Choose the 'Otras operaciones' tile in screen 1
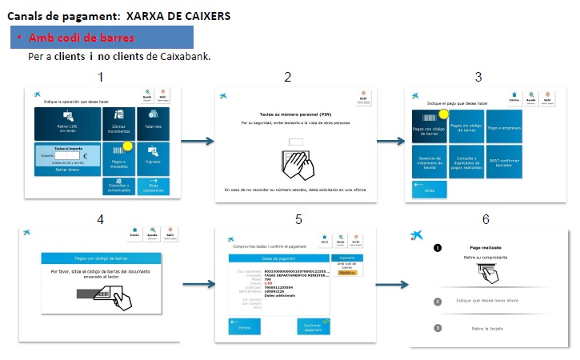pos(153,186)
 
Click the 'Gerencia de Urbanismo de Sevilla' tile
pos(429,162)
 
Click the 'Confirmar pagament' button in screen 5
pos(314,326)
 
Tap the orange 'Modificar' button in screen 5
pos(347,272)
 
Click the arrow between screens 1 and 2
pos(197,142)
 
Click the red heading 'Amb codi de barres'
pos(81,38)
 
